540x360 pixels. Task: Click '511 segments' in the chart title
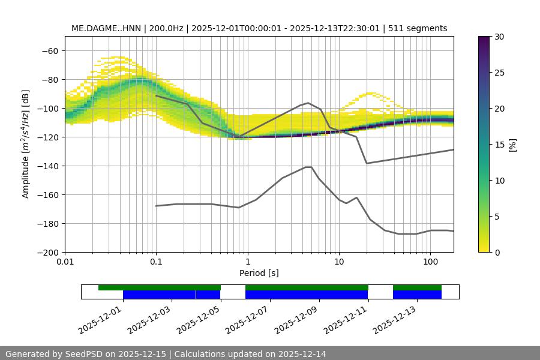click(418, 28)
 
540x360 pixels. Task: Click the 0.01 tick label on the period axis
click(65, 262)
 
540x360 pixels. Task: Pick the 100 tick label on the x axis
click(430, 262)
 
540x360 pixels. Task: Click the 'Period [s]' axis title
click(259, 273)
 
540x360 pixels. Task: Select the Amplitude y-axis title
click(26, 144)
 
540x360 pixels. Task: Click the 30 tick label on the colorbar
click(499, 37)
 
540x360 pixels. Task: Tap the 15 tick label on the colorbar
click(499, 145)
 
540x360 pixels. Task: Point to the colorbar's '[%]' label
click(512, 145)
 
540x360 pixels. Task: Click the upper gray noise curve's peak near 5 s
click(308, 103)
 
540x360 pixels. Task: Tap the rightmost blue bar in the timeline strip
click(417, 295)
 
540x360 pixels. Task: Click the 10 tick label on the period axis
click(338, 262)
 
